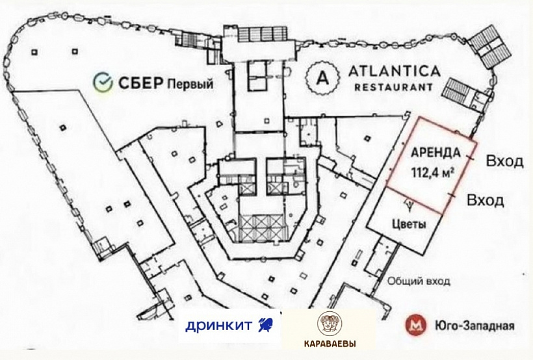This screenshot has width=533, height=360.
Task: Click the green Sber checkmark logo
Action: click(103, 83)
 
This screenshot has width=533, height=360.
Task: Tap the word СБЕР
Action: click(140, 83)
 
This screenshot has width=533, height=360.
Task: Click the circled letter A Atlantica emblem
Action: click(322, 78)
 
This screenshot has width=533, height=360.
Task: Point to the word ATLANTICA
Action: click(395, 71)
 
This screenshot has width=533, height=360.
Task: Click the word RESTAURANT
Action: click(394, 87)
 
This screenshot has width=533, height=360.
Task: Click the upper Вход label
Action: click(504, 161)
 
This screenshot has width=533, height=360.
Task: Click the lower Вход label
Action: click(486, 200)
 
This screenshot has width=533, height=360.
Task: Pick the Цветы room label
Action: click(409, 224)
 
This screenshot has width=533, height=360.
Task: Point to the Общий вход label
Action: click(419, 281)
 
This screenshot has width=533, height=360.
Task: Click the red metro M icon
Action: click(416, 326)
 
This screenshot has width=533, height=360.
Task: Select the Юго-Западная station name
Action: click(474, 326)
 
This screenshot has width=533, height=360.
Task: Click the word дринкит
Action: click(219, 326)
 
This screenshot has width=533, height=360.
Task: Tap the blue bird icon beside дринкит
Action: click(265, 325)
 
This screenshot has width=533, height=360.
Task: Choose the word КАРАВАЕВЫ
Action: click(330, 344)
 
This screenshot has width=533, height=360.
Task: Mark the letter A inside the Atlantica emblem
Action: click(322, 78)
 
